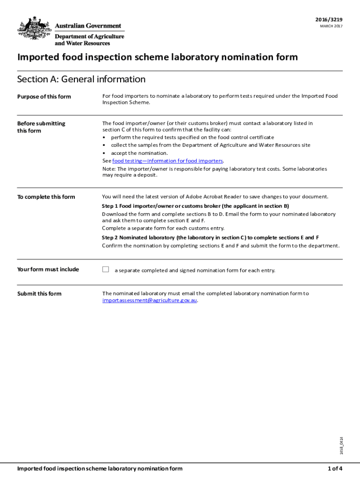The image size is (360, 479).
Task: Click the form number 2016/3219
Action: coord(330,19)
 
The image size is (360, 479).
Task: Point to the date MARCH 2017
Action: coord(331,26)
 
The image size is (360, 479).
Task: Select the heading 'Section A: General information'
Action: coord(81,79)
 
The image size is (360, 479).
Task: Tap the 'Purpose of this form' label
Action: coord(44,97)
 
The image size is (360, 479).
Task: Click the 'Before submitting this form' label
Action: coord(41,127)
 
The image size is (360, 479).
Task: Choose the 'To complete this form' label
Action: coord(46,197)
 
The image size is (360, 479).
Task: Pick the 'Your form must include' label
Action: coord(48,269)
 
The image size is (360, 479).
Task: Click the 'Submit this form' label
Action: coord(39,294)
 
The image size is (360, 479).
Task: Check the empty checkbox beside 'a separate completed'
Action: coord(106,269)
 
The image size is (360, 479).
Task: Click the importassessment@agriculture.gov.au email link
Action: coord(150,300)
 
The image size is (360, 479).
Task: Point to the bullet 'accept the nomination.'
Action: coord(139,153)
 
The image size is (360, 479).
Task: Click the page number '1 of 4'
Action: coord(335,468)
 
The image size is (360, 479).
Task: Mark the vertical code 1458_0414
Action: coord(342,445)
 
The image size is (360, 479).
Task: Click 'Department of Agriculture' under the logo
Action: coord(89,36)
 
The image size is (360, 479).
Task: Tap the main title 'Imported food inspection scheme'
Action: coord(157,57)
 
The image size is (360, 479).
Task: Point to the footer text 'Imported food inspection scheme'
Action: coord(100,468)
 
